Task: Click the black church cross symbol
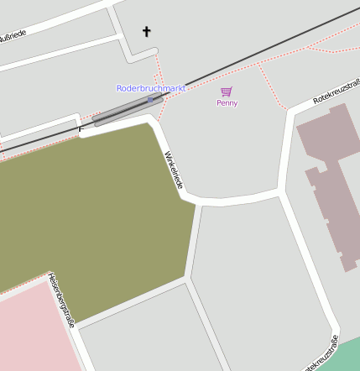[x=147, y=32]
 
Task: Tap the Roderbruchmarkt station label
[x=151, y=88]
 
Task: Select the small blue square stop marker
[x=150, y=100]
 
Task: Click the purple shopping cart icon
[x=226, y=91]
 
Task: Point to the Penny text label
[x=227, y=103]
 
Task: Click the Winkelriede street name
[x=174, y=169]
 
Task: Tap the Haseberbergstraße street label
[x=61, y=299]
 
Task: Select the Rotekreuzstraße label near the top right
[x=336, y=91]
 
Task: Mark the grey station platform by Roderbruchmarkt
[x=128, y=111]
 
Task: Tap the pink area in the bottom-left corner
[x=34, y=332]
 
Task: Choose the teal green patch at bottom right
[x=349, y=353]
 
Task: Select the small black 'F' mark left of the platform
[x=81, y=129]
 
